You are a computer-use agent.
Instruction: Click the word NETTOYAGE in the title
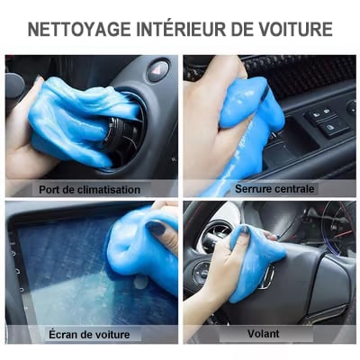coord(79,30)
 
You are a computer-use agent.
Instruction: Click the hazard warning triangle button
coord(158,71)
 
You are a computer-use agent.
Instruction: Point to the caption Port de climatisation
coord(89,190)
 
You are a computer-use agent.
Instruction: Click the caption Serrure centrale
coord(274,189)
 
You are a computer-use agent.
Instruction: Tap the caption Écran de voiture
coord(89,335)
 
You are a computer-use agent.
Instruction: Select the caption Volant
coord(264,334)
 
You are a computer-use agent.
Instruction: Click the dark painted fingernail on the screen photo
coord(156,228)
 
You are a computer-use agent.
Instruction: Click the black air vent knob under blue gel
coord(120,133)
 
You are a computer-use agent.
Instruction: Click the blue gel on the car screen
coord(141,252)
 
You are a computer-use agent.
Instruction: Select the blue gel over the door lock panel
coord(250,120)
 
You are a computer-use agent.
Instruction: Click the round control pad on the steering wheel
coord(202,273)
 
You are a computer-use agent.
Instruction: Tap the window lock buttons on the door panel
coord(326,121)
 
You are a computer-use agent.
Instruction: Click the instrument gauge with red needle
coord(339,228)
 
